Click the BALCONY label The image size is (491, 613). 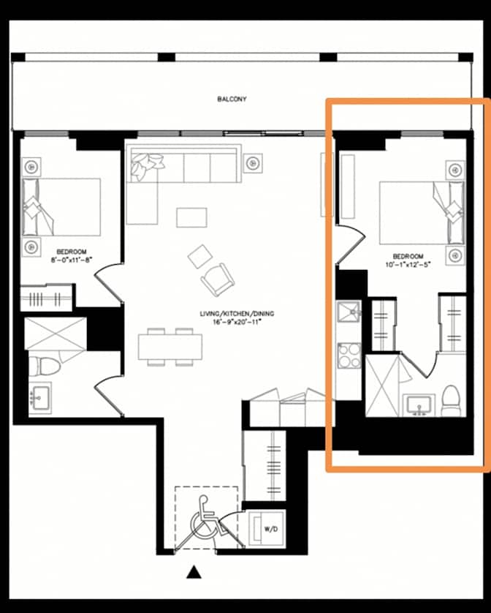tap(230, 97)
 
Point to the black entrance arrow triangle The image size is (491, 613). tap(194, 572)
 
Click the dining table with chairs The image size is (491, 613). tap(169, 345)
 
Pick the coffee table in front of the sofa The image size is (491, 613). tap(191, 217)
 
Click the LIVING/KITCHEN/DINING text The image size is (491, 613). tap(236, 314)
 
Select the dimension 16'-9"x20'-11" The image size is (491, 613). tap(236, 322)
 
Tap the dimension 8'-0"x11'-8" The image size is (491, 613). tap(72, 259)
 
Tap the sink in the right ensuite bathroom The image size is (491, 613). tap(419, 404)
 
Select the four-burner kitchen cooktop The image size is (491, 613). tap(349, 356)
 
